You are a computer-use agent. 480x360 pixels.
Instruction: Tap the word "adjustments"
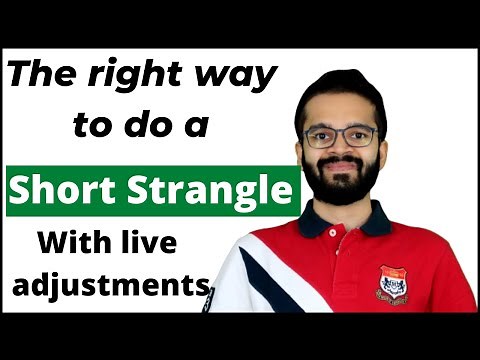click(x=110, y=287)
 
